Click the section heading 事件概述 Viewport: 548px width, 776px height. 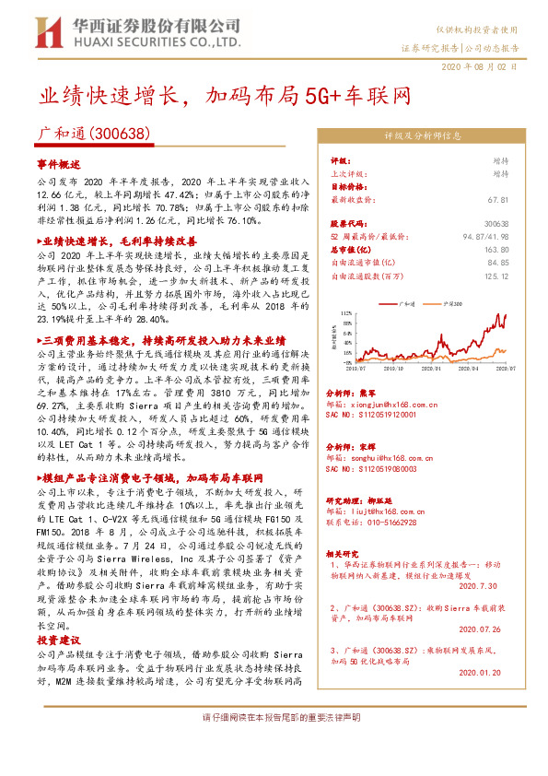[x=59, y=163]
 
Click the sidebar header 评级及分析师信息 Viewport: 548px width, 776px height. [x=422, y=135]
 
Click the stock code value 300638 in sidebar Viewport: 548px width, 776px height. [x=496, y=223]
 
